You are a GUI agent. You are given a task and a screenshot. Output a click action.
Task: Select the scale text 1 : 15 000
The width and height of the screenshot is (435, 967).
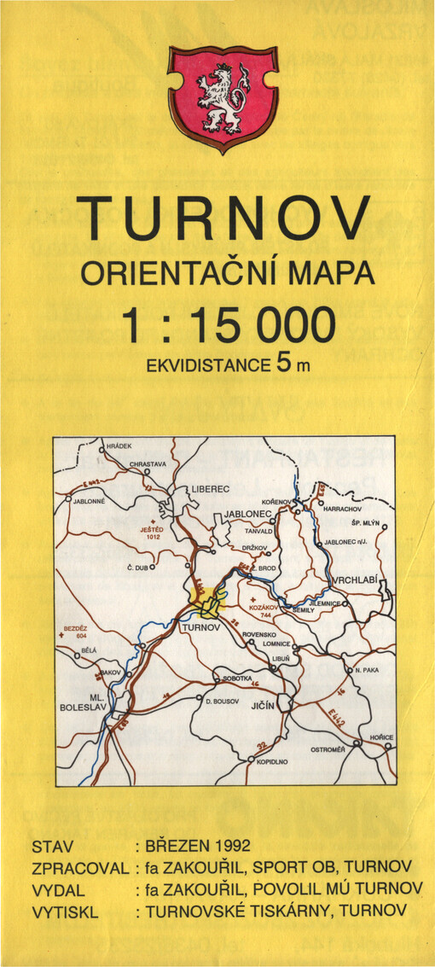pos(228,324)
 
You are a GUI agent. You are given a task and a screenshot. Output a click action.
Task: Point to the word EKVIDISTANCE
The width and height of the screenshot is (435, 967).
pos(209,365)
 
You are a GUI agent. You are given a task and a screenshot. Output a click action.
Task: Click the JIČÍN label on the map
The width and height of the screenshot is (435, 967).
pos(261,707)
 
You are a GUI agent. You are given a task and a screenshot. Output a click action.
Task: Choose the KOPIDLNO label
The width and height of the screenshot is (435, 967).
pos(273,760)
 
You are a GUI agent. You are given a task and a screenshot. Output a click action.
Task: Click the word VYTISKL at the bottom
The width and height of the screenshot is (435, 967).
pos(65,912)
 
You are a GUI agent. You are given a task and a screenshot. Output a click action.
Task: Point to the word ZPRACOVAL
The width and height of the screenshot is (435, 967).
pos(79,868)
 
